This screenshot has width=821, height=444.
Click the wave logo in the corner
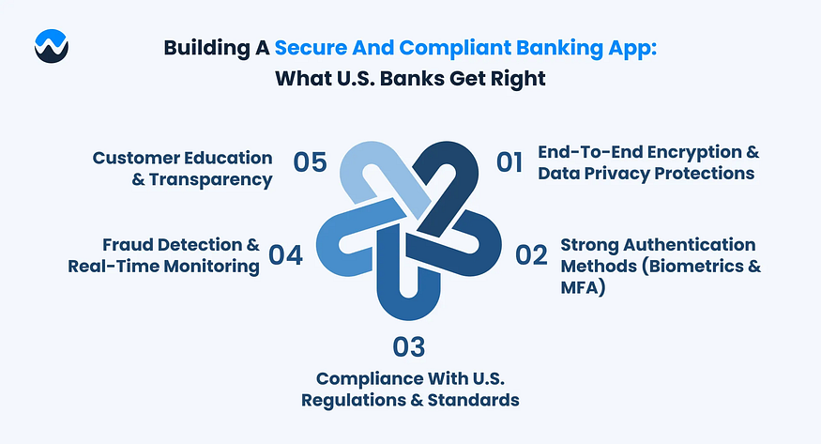pos(52,46)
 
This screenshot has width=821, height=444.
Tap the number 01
pos(509,162)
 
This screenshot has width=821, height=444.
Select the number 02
pos(531,255)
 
